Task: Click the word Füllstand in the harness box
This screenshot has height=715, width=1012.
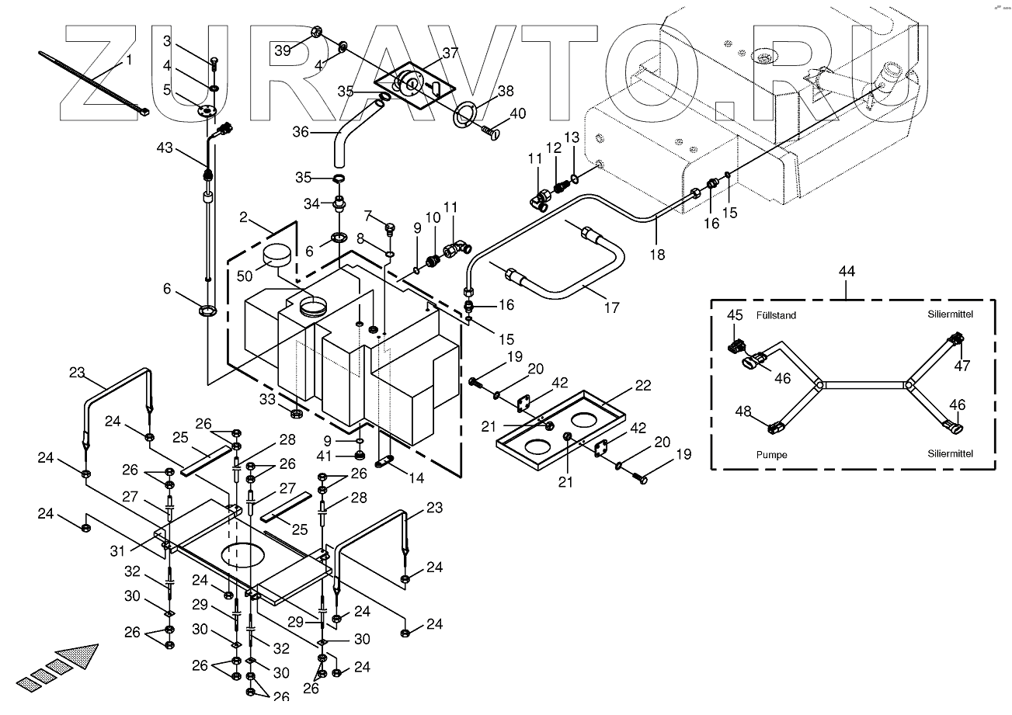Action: click(776, 315)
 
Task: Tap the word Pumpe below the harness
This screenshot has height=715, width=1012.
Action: click(772, 455)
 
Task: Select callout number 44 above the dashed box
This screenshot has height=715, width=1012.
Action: click(847, 272)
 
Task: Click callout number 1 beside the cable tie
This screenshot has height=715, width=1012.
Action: click(129, 60)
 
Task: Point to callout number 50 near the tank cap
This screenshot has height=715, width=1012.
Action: click(245, 276)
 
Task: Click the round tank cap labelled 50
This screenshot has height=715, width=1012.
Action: click(276, 255)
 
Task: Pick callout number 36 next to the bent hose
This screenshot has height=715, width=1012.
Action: click(301, 132)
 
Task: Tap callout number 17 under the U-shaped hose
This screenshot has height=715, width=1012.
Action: click(612, 307)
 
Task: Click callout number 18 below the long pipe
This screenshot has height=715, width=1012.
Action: click(657, 255)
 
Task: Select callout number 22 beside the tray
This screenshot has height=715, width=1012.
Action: click(643, 385)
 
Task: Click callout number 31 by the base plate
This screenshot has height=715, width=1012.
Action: click(117, 550)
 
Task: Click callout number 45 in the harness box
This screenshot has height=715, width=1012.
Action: click(735, 315)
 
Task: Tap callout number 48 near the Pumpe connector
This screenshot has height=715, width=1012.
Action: click(743, 411)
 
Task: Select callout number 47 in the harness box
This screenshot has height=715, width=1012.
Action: click(962, 365)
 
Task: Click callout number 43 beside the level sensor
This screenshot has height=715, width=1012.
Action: click(165, 148)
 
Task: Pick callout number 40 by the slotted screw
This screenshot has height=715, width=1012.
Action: click(518, 113)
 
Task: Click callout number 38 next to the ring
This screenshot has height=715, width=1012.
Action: click(506, 91)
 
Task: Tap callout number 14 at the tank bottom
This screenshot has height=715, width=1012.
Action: click(416, 478)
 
